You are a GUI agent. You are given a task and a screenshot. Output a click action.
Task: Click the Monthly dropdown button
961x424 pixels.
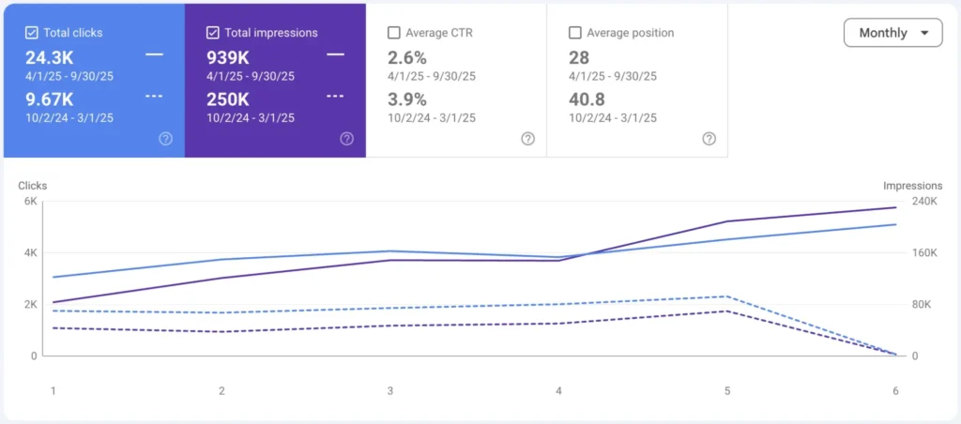pos(892,33)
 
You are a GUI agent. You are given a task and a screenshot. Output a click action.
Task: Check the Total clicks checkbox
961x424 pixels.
pos(32,33)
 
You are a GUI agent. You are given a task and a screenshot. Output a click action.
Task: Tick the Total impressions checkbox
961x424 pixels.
pos(213,33)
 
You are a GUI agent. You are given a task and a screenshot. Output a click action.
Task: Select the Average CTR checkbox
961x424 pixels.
pos(394,33)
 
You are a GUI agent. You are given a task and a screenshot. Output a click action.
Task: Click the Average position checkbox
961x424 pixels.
pos(575,33)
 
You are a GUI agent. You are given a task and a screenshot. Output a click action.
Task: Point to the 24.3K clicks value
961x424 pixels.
pos(50,57)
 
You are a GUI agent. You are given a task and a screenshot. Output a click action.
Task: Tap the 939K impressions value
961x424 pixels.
pos(228,57)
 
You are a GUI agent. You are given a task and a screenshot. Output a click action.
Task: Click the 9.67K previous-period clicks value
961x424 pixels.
pos(50,98)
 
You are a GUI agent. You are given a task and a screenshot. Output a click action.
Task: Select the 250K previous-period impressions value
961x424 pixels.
pos(228,98)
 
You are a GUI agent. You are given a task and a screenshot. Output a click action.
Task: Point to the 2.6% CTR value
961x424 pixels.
pos(407,57)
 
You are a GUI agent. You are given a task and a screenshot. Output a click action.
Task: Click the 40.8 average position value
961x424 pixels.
pos(587,98)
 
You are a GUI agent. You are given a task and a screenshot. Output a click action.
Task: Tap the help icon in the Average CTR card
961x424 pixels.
pos(527,139)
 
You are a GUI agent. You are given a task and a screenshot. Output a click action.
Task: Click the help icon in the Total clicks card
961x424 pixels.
pos(165,139)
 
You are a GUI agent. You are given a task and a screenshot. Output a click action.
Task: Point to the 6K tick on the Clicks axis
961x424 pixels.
pos(30,202)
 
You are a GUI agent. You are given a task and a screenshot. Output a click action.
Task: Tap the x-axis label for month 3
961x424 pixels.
pos(390,390)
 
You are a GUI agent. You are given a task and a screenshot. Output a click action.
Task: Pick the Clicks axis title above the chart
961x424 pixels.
pos(33,186)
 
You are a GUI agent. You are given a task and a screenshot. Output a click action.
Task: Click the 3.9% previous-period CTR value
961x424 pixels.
pos(407,98)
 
